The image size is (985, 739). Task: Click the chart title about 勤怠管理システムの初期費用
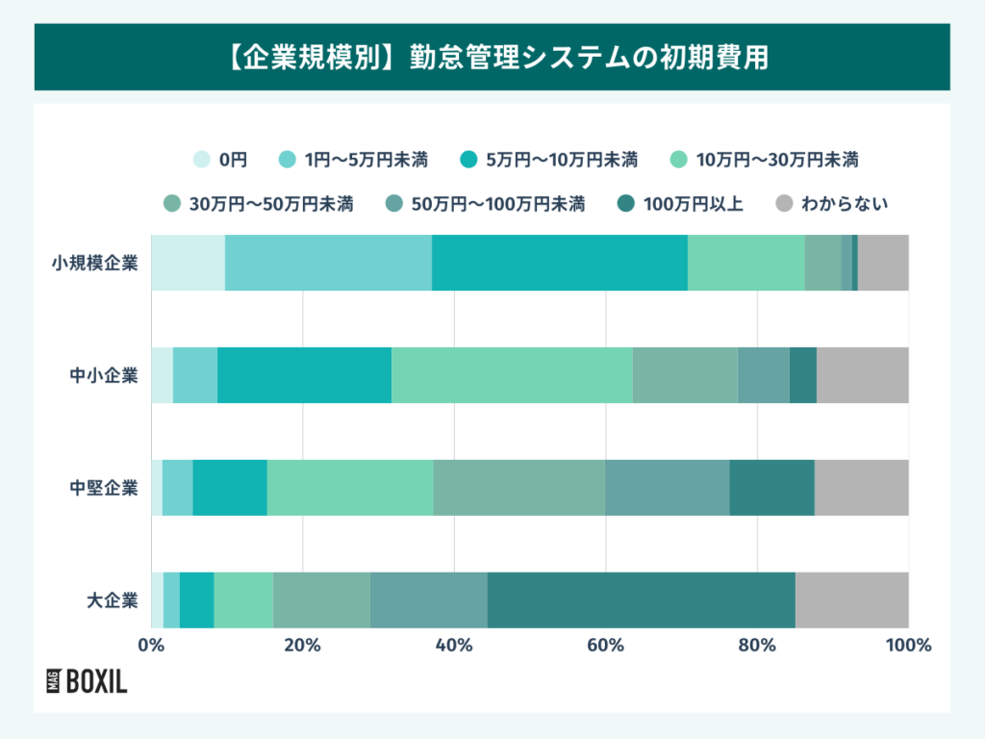coord(492,57)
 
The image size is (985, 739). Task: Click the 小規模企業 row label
coord(95,263)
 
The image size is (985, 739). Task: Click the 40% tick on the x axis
coord(454,646)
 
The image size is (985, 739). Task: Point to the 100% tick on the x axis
coord(908,646)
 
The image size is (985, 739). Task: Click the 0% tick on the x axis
coord(151,646)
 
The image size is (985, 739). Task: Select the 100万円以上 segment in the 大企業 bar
coord(641,600)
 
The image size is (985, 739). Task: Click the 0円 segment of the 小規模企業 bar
coord(188,263)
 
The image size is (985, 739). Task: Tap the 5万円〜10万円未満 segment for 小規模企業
coord(559,263)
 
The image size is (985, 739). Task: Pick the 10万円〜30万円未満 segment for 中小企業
coord(512,375)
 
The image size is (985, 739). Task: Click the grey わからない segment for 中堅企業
coord(861,488)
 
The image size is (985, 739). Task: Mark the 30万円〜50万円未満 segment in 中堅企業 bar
coord(518,488)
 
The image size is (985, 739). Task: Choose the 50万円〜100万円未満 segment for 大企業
coord(428,600)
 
